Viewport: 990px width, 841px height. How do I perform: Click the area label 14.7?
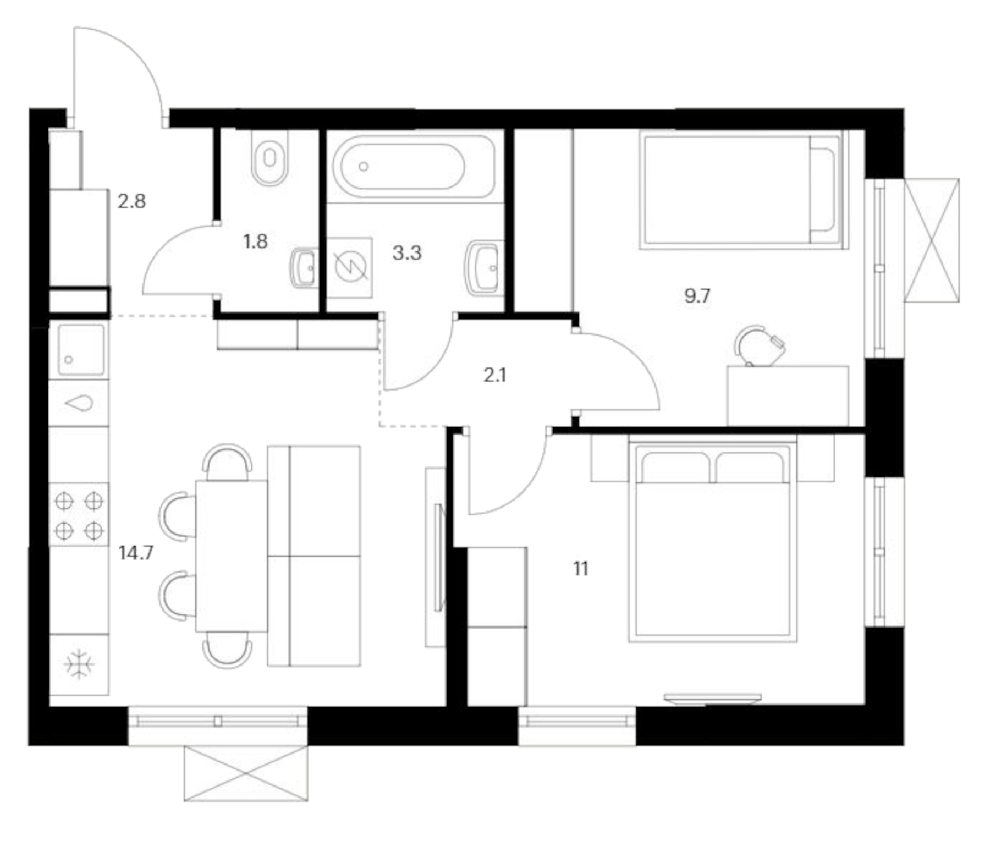[x=136, y=552]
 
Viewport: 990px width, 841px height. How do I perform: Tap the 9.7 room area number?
[x=697, y=296]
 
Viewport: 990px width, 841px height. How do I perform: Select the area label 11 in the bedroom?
[x=581, y=568]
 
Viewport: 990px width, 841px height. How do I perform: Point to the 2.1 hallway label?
[x=494, y=375]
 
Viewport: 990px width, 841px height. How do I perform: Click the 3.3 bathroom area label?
[x=406, y=252]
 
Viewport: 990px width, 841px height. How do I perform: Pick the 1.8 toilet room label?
[x=255, y=241]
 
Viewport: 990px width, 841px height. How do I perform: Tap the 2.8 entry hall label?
[x=131, y=201]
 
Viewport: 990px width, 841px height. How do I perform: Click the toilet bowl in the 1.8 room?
[x=269, y=158]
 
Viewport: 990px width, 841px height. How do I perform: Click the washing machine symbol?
[x=350, y=267]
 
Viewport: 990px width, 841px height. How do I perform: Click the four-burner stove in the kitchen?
[x=79, y=515]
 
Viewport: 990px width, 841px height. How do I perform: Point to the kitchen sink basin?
[x=80, y=350]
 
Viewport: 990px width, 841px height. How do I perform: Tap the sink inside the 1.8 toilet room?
[x=304, y=268]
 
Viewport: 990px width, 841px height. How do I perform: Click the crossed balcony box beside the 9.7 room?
[x=932, y=240]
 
